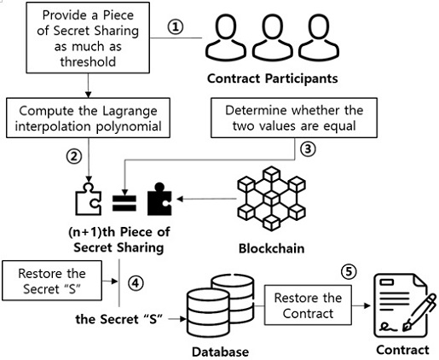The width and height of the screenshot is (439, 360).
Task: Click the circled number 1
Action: [x=176, y=27]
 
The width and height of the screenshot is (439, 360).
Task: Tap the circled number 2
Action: [x=74, y=156]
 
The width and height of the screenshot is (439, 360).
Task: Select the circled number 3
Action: [x=308, y=149]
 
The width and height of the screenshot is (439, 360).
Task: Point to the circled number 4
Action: [x=136, y=283]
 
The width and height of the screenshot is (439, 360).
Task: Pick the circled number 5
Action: [x=349, y=272]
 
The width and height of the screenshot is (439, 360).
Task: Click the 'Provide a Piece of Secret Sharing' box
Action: [x=88, y=38]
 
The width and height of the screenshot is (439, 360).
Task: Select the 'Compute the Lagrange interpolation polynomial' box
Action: [x=88, y=118]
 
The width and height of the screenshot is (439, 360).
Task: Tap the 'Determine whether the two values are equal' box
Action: [x=294, y=118]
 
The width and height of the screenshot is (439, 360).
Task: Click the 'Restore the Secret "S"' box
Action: [x=52, y=281]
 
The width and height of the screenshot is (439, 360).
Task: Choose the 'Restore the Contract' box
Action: [x=308, y=305]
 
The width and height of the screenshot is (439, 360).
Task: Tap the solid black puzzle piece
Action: [x=159, y=199]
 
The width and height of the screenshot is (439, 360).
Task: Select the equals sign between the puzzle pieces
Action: [x=124, y=203]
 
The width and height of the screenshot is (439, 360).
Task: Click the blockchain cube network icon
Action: [x=272, y=199]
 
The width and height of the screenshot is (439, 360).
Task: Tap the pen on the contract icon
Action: [x=419, y=312]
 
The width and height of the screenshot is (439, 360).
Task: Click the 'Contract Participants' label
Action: [x=273, y=78]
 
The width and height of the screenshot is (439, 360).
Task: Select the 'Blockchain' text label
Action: [x=271, y=248]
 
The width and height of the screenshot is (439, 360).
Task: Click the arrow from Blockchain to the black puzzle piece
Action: [x=206, y=199]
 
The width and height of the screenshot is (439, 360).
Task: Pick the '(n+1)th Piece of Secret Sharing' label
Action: [x=119, y=240]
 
